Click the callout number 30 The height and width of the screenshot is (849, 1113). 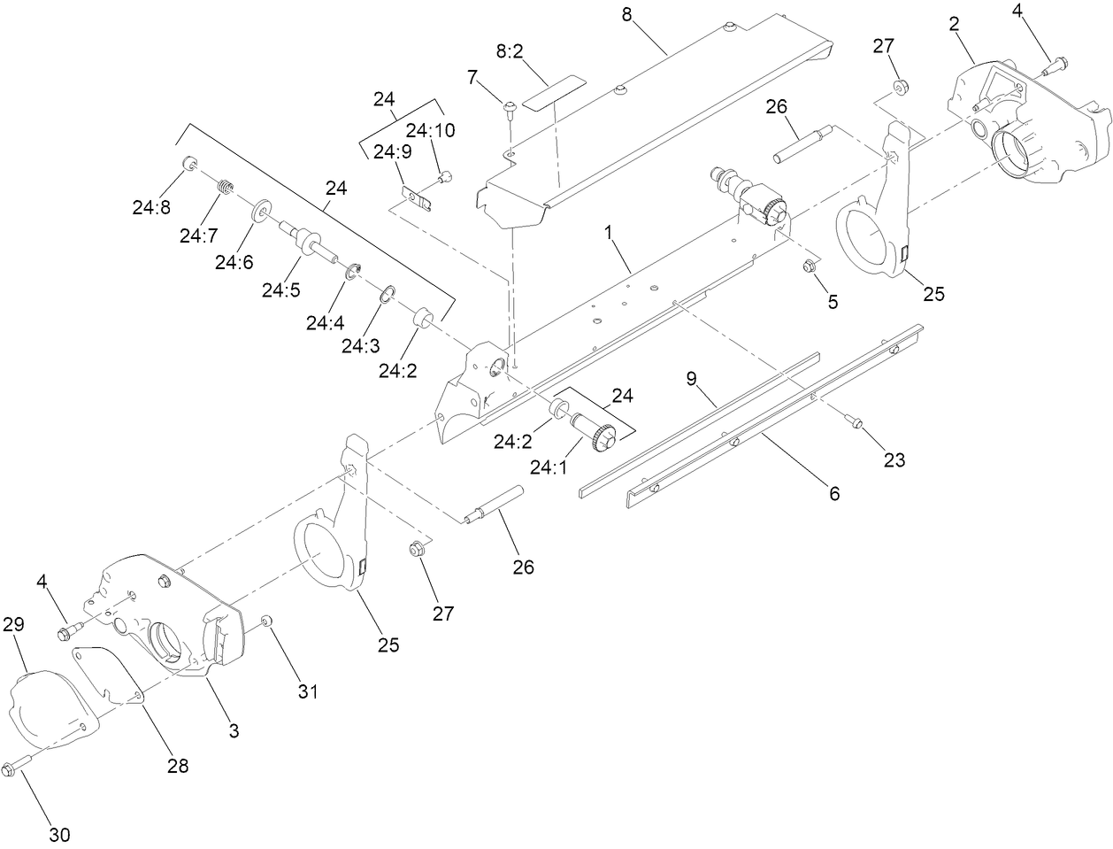58,834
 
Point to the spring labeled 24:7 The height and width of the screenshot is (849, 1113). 226,187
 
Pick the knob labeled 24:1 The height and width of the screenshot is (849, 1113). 606,436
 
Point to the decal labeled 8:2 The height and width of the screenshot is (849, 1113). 554,91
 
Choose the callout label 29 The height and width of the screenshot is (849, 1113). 12,623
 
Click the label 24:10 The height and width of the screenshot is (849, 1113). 431,130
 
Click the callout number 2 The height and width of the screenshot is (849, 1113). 955,26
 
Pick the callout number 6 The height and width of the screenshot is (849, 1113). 833,493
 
